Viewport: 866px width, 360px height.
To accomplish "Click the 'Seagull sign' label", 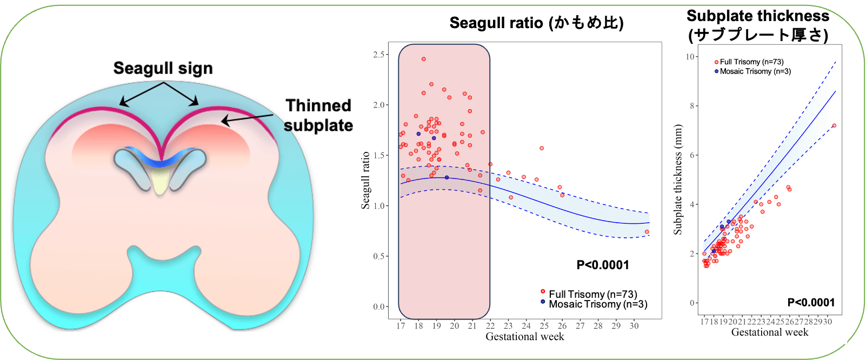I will click(163, 69).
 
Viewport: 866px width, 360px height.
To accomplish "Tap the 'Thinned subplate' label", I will click(318, 115).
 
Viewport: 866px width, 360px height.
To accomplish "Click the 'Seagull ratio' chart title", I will click(536, 23).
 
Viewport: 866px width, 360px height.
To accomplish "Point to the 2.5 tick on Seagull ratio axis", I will click(379, 55).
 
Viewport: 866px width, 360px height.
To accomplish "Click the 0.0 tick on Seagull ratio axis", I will click(379, 306).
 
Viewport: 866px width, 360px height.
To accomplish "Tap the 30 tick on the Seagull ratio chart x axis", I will click(634, 326).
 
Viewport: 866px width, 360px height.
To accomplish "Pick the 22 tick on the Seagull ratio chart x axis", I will click(490, 326).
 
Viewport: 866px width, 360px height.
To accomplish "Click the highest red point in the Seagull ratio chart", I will click(424, 59).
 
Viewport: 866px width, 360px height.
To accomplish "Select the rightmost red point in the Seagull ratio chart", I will click(647, 232).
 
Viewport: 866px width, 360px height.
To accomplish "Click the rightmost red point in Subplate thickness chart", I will click(834, 125).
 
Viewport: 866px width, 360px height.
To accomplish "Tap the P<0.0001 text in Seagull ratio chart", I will click(603, 265).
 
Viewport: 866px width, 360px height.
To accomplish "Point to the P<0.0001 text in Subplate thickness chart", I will click(811, 302).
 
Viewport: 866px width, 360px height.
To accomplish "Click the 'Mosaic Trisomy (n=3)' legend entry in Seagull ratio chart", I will click(597, 304).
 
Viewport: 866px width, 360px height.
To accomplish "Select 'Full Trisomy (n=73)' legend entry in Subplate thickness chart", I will click(751, 62).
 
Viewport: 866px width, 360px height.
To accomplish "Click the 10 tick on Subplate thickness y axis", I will click(690, 57).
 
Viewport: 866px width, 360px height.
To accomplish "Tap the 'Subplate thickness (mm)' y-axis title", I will click(678, 179).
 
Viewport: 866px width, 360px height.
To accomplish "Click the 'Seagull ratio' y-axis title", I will click(365, 180).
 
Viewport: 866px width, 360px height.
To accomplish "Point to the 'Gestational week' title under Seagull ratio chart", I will click(524, 337).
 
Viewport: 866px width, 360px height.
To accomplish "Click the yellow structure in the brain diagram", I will click(160, 181).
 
